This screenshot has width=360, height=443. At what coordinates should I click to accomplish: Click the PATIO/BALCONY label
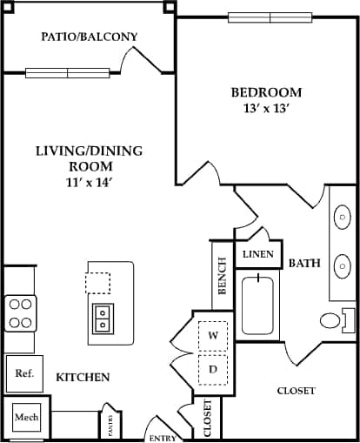[90, 37]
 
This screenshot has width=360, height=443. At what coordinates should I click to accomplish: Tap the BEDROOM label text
[266, 92]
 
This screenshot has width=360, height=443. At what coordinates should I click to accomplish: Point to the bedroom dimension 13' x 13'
[266, 109]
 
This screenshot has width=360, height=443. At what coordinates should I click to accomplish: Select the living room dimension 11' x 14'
[89, 182]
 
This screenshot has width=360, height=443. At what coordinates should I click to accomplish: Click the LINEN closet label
[258, 255]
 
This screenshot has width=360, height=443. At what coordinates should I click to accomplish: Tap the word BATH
[304, 263]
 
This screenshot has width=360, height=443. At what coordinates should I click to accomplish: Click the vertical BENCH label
[222, 274]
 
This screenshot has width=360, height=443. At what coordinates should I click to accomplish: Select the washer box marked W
[212, 335]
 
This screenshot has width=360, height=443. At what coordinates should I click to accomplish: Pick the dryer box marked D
[212, 368]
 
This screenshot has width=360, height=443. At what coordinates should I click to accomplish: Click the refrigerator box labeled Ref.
[24, 374]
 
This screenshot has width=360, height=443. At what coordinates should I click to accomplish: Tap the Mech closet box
[25, 418]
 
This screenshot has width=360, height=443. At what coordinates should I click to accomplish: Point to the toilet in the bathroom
[336, 319]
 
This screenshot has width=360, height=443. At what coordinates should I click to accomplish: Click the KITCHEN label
[83, 378]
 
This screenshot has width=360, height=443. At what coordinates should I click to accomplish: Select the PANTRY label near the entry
[110, 424]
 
